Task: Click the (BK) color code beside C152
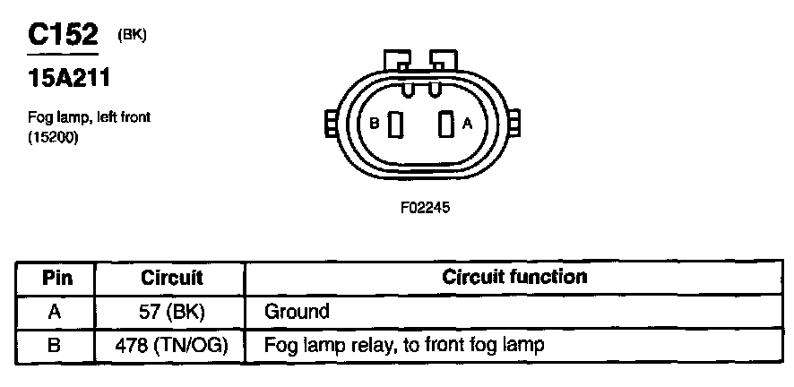(x=131, y=35)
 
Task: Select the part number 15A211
(x=69, y=80)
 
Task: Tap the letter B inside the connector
(x=375, y=125)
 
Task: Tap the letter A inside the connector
(x=467, y=125)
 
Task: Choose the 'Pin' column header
(x=56, y=278)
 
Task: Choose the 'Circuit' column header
(x=172, y=278)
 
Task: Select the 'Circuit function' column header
(x=514, y=277)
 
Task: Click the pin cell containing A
(x=56, y=312)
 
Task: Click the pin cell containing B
(x=56, y=345)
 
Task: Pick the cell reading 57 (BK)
(x=172, y=312)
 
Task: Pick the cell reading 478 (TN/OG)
(x=172, y=345)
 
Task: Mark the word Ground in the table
(x=297, y=312)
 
